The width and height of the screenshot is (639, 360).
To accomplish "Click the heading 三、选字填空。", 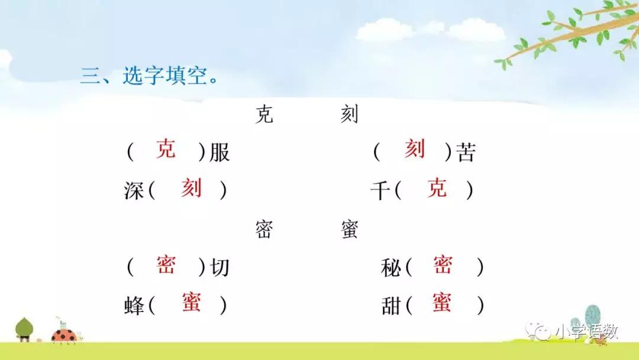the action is tap(149, 75).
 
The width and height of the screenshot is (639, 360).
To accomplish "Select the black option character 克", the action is tap(264, 114).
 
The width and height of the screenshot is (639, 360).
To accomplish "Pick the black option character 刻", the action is tap(349, 114).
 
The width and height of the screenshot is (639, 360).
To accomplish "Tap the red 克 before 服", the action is tap(166, 149).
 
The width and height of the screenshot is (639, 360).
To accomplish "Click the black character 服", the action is tap(220, 153).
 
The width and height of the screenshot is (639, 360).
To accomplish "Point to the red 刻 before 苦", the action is tap(415, 149).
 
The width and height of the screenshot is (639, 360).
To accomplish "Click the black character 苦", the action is tap(466, 153).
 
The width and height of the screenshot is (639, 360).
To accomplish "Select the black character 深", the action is tap(134, 191).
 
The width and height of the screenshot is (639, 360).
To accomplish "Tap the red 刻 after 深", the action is tap(192, 188).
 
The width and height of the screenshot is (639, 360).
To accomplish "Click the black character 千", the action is tap(380, 191).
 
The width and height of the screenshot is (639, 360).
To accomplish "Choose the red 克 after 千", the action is tap(437, 188).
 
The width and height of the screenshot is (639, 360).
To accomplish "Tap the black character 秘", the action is tap(391, 268).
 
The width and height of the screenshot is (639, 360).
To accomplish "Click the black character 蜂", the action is tap(134, 306).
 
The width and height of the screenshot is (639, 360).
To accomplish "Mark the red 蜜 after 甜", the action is tap(442, 302).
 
